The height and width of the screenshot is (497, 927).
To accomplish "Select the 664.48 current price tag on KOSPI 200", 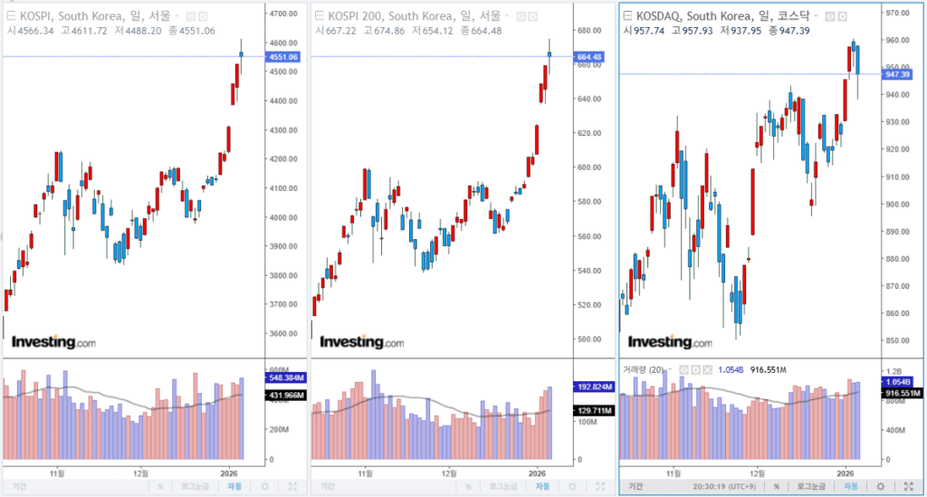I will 588,57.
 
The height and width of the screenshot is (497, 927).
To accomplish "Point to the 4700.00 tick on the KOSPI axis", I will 284,14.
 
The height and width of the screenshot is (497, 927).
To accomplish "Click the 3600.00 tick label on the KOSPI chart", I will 284,333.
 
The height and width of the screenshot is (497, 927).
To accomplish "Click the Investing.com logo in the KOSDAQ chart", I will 670,342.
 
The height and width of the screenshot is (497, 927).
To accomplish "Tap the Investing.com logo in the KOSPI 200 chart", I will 362,342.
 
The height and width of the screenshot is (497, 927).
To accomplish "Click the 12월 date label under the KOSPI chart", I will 140,473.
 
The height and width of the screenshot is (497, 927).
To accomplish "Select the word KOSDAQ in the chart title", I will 661,15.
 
